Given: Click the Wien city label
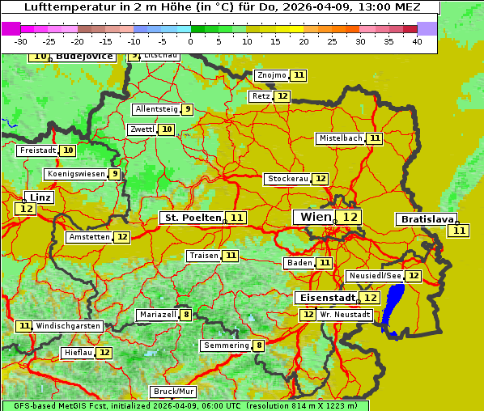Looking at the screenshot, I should [x=315, y=217].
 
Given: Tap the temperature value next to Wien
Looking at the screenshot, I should [x=350, y=217].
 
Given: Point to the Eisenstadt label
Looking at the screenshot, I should [x=325, y=298].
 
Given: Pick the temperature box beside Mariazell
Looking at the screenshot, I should [x=187, y=315].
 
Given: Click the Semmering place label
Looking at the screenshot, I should [x=227, y=345].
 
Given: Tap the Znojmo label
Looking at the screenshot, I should [x=271, y=75].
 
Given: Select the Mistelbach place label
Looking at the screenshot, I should [x=340, y=138].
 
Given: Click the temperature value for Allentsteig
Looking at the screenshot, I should [x=187, y=109].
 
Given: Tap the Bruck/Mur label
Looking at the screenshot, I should [x=174, y=392].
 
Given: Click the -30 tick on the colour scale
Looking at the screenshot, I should [x=21, y=41].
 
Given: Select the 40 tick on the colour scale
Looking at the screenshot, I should [x=417, y=41].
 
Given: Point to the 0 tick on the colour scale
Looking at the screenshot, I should [x=191, y=41].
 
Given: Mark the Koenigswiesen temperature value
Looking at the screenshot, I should [x=116, y=174].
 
